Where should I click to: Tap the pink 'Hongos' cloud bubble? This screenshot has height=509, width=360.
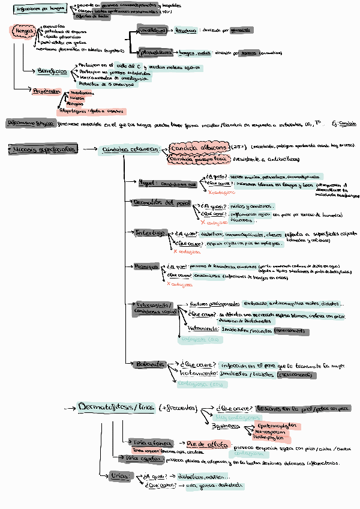(x=23, y=31)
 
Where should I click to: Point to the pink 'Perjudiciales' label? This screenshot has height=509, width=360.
(x=47, y=91)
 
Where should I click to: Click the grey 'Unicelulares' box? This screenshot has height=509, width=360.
(x=151, y=30)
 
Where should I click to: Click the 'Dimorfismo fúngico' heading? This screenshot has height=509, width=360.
(x=30, y=123)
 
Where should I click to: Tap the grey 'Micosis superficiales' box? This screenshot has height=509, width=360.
(x=44, y=148)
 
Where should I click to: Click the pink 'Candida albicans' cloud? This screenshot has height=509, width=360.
(x=199, y=147)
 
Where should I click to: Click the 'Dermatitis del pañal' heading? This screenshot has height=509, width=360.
(x=161, y=203)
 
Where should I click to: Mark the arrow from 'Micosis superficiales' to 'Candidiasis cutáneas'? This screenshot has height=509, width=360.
(x=90, y=148)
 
